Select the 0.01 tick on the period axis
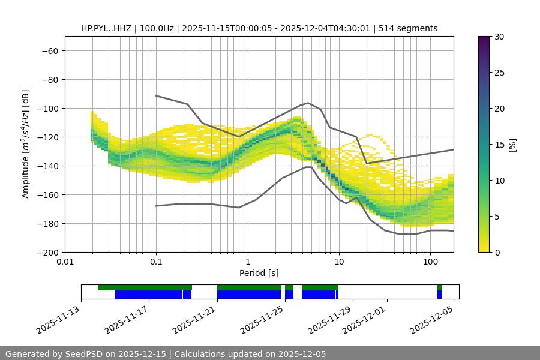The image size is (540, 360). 65,262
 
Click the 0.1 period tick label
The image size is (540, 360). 156,262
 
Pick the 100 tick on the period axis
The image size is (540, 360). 430,262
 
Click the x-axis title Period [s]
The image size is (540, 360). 259,273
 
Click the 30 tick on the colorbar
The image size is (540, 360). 499,37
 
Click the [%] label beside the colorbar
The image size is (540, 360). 512,145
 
